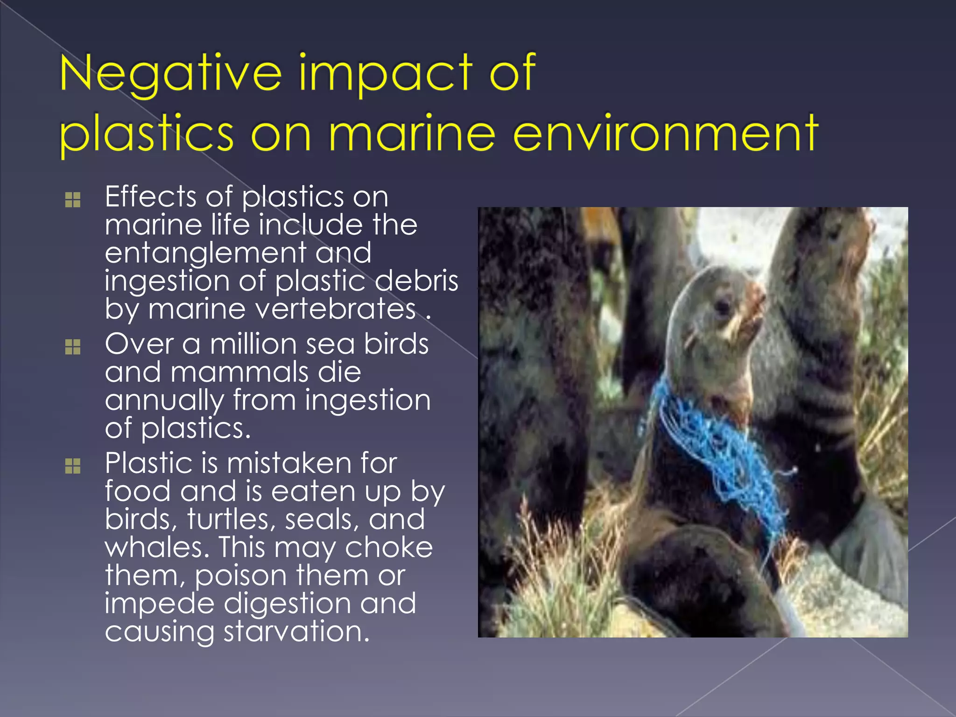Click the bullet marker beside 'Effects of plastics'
tap(73, 200)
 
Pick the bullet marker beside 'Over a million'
tap(73, 347)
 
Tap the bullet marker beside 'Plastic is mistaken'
tap(73, 465)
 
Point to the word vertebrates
tap(282, 309)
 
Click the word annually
tap(164, 401)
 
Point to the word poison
tap(240, 576)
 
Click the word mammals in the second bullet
tap(239, 373)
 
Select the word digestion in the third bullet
tap(287, 604)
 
